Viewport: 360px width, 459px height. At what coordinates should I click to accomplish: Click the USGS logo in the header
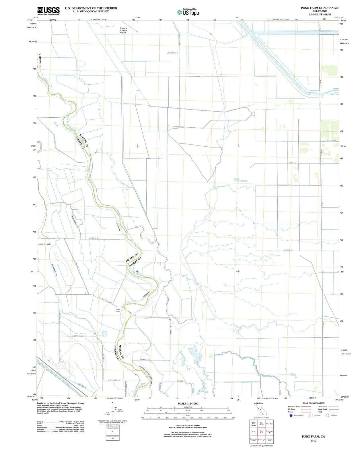48,10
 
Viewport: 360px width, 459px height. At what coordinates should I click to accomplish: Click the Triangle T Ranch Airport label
123,31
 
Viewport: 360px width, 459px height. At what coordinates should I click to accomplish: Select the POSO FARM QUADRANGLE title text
320,8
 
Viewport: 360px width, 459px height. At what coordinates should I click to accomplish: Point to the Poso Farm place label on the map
117,310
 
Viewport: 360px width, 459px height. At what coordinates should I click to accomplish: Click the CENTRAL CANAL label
44,244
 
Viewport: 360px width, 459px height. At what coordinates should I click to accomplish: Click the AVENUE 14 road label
292,163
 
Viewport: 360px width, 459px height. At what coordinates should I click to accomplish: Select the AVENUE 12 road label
288,250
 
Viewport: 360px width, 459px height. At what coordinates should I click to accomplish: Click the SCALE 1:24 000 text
188,404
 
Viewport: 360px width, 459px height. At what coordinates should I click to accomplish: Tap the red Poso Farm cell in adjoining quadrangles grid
261,431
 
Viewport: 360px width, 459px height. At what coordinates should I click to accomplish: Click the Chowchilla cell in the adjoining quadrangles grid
269,424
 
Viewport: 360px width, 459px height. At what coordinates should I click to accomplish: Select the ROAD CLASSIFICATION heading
313,403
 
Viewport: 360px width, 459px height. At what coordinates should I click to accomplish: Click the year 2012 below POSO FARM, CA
313,441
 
